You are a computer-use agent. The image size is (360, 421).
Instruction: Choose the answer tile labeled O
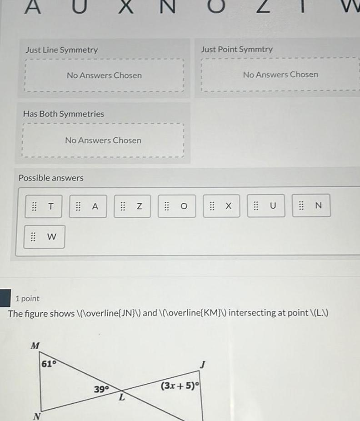pyautogui.click(x=175, y=207)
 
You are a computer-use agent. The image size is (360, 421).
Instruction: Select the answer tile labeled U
pyautogui.click(x=265, y=206)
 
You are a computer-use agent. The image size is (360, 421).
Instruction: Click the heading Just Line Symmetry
pyautogui.click(x=61, y=50)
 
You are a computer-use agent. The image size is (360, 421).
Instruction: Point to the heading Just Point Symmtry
pyautogui.click(x=237, y=49)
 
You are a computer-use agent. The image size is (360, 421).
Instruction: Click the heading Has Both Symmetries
pyautogui.click(x=64, y=114)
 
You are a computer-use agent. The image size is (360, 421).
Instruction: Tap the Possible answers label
pyautogui.click(x=51, y=178)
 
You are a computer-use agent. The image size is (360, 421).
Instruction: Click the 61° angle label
pyautogui.click(x=47, y=364)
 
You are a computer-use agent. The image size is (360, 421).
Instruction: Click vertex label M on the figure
pyautogui.click(x=34, y=346)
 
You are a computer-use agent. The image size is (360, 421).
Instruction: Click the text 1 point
pyautogui.click(x=27, y=299)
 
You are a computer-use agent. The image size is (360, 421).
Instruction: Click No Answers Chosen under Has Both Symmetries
pyautogui.click(x=103, y=140)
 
